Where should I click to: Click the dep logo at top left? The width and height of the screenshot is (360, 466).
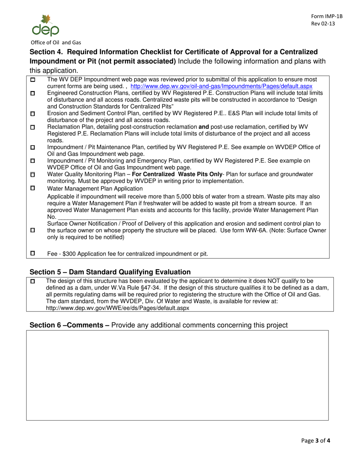tap(45, 25)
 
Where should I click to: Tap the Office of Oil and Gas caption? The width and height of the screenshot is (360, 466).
tap(56, 42)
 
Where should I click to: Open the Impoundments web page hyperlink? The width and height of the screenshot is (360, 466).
tap(221, 86)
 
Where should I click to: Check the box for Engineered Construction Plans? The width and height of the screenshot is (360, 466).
tap(32, 93)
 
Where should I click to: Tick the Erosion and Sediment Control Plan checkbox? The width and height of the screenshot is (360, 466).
tap(32, 113)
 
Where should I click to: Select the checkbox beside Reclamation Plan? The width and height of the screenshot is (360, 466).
tap(32, 127)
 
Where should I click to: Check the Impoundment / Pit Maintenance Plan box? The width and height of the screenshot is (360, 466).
tap(32, 147)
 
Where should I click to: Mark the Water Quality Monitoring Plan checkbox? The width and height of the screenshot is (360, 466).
tap(32, 174)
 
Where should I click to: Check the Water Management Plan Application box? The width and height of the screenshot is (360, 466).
tap(32, 188)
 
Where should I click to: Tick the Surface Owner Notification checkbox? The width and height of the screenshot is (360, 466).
tap(32, 230)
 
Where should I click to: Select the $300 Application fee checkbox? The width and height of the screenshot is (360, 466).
tap(32, 253)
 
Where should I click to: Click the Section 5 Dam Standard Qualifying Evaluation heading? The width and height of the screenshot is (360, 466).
tap(110, 272)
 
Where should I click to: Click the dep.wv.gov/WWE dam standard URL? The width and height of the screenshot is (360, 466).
tap(117, 308)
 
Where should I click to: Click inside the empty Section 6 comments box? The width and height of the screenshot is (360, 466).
tap(177, 375)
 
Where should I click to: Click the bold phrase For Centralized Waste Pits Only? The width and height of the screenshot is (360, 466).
tap(177, 174)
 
